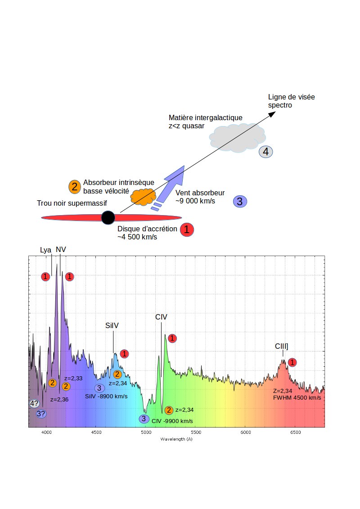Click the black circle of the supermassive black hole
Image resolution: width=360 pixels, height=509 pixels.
coord(108,217)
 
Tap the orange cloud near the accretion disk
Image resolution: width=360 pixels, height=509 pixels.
coord(143,196)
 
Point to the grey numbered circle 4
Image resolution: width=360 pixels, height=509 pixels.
coord(265,152)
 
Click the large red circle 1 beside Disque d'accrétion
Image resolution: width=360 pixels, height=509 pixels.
coord(187,230)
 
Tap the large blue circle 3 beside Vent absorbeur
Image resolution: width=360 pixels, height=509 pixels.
coord(239,201)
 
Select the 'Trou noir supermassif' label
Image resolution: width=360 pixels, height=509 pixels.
coord(72,203)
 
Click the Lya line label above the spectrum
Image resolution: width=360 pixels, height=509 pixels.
coord(45,250)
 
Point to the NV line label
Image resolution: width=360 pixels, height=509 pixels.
coord(61,249)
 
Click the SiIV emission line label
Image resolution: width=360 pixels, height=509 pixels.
coord(112,326)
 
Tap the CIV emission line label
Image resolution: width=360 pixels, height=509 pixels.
coord(161,317)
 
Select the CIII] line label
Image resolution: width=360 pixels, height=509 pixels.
coord(282,346)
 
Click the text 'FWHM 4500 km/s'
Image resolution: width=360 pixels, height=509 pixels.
coord(297,398)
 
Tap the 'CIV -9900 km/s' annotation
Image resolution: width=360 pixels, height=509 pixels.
coord(172,421)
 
